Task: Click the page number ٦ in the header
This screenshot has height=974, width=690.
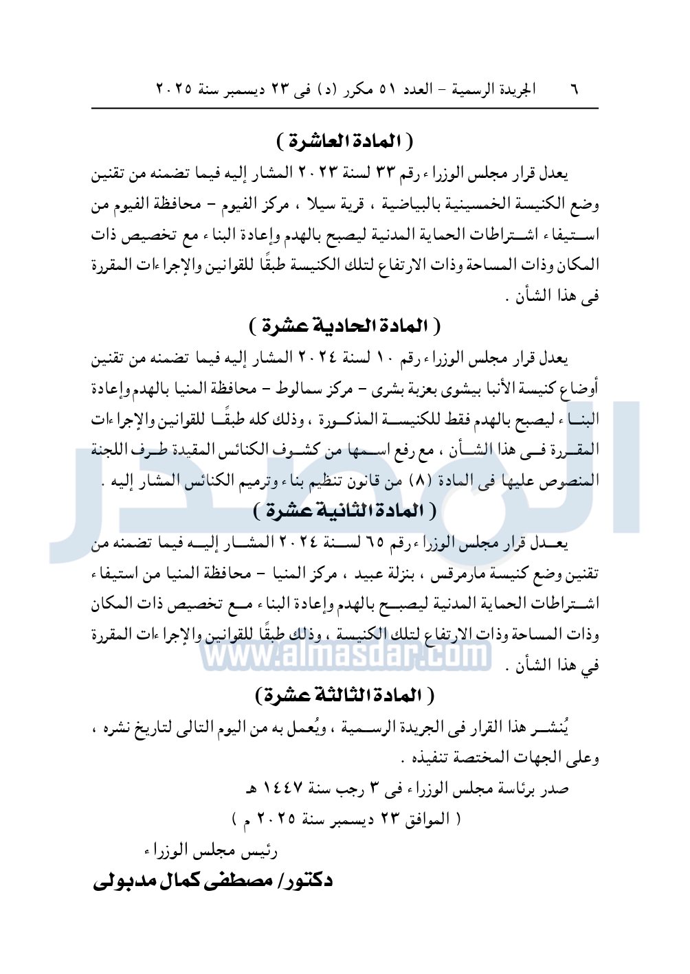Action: pyautogui.click(x=575, y=90)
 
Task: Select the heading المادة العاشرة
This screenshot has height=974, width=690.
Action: pyautogui.click(x=345, y=141)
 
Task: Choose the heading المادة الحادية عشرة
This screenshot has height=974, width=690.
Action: pyautogui.click(x=345, y=325)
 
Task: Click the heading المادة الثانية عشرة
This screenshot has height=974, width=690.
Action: pyautogui.click(x=345, y=510)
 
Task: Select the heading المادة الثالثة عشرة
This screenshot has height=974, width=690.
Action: pyautogui.click(x=345, y=695)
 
